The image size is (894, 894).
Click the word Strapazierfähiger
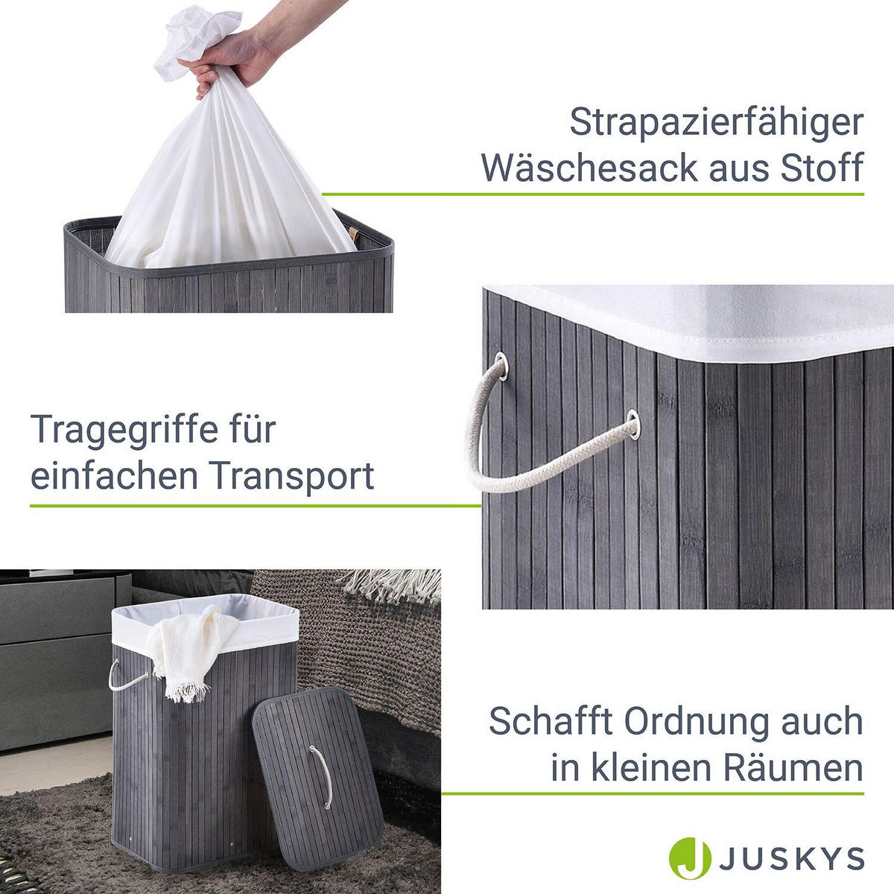coord(716,124)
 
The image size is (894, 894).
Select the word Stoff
coord(819,167)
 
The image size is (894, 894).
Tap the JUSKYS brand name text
coord(790,858)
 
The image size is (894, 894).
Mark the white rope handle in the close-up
coord(514,462)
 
